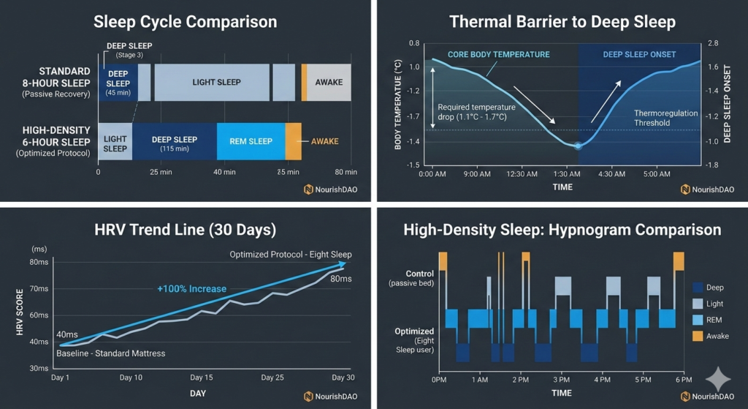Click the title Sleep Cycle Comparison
(x=185, y=22)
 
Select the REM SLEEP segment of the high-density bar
(x=251, y=141)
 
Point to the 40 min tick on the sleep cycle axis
(x=225, y=172)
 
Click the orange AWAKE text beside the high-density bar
(x=325, y=141)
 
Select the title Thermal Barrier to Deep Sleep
(x=562, y=22)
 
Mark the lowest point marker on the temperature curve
(x=578, y=146)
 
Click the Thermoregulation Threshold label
(x=665, y=119)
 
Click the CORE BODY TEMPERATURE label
(x=500, y=55)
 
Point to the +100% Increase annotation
(x=191, y=288)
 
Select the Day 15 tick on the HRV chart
(x=201, y=378)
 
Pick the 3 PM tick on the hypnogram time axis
(x=561, y=380)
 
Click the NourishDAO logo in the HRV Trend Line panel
(x=329, y=396)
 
